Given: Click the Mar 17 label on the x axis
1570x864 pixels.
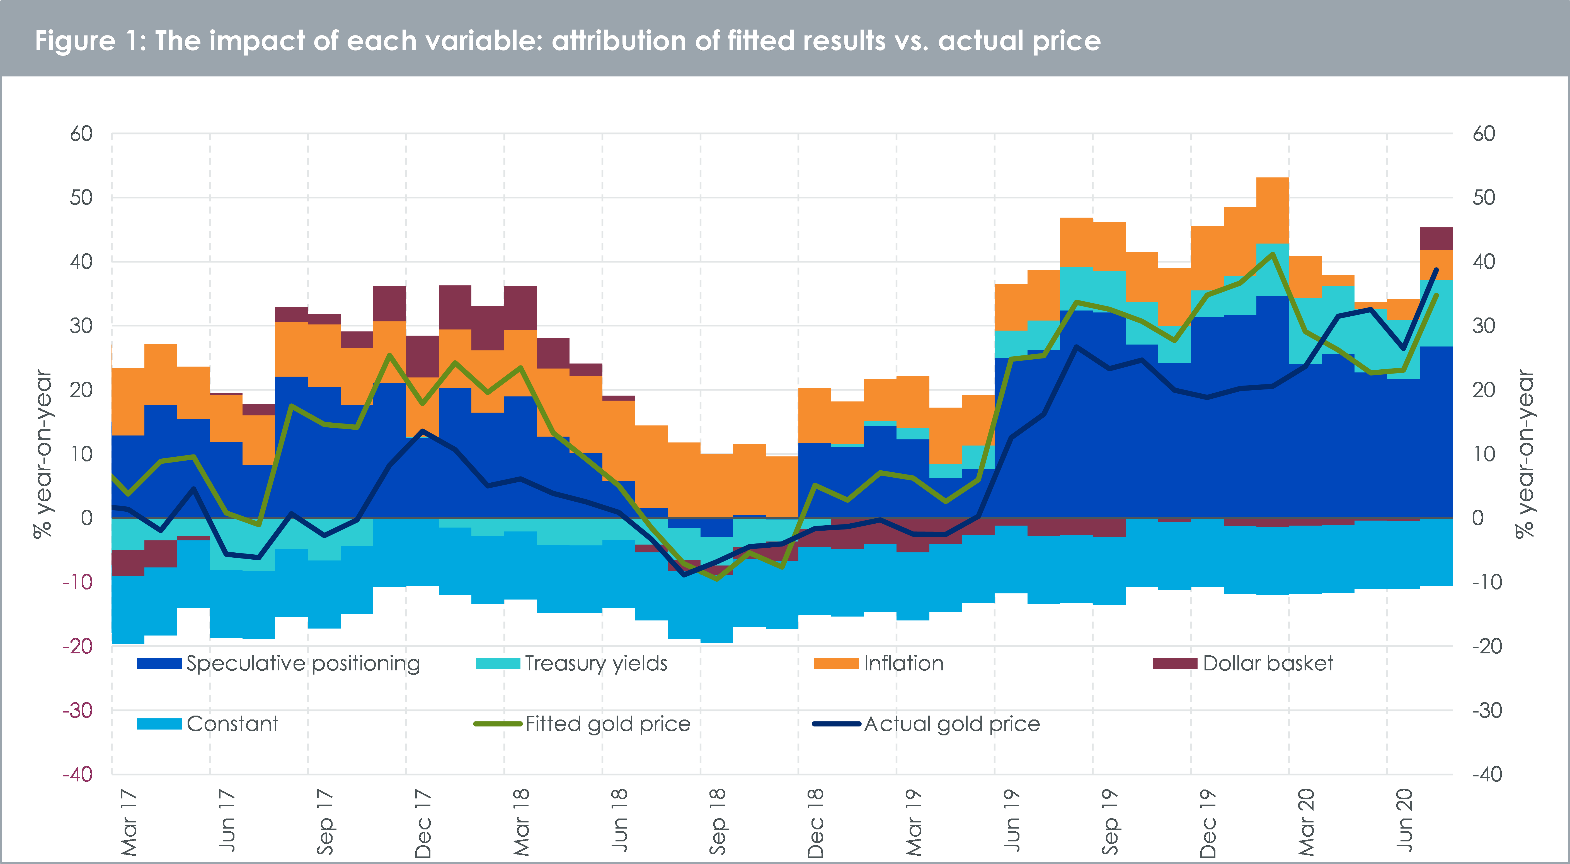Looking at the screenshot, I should [129, 822].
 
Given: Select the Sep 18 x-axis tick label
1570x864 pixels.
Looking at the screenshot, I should [718, 822].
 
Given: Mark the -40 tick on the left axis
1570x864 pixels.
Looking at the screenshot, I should [77, 774].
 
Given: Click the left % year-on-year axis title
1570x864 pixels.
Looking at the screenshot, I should [43, 454].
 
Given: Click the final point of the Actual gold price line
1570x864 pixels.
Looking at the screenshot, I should [1436, 269].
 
